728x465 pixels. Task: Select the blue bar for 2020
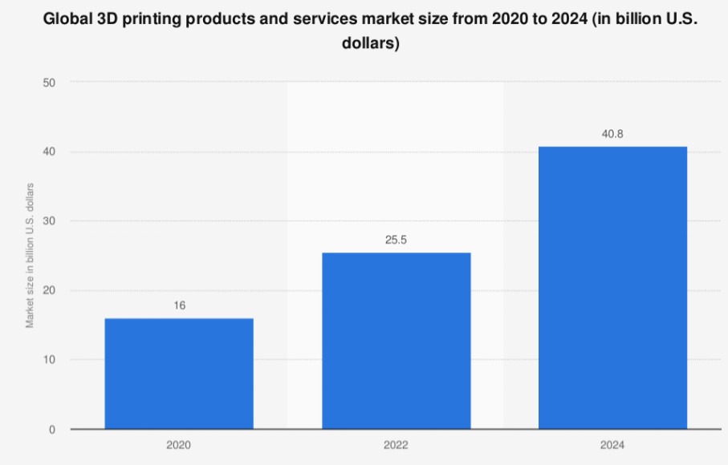[x=179, y=374]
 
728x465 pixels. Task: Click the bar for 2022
[x=396, y=341]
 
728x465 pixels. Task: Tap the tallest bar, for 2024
[x=613, y=288]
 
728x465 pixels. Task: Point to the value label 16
[x=180, y=305]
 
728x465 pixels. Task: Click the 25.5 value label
[x=396, y=240]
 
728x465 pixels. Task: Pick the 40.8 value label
[x=612, y=134]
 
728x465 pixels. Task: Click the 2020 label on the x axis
[x=179, y=445]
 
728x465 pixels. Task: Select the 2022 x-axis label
[x=396, y=445]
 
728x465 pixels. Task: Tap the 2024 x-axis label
[x=612, y=445]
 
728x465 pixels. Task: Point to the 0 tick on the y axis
[x=52, y=430]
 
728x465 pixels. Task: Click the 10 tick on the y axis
[x=49, y=359]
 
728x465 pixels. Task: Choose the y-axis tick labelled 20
[x=49, y=290]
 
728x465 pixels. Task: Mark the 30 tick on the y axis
[x=49, y=221]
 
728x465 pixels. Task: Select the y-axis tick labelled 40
[x=49, y=152]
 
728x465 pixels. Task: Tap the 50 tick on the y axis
[x=49, y=83]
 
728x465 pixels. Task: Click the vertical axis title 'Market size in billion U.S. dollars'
[x=30, y=256]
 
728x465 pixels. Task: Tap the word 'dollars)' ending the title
[x=371, y=43]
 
